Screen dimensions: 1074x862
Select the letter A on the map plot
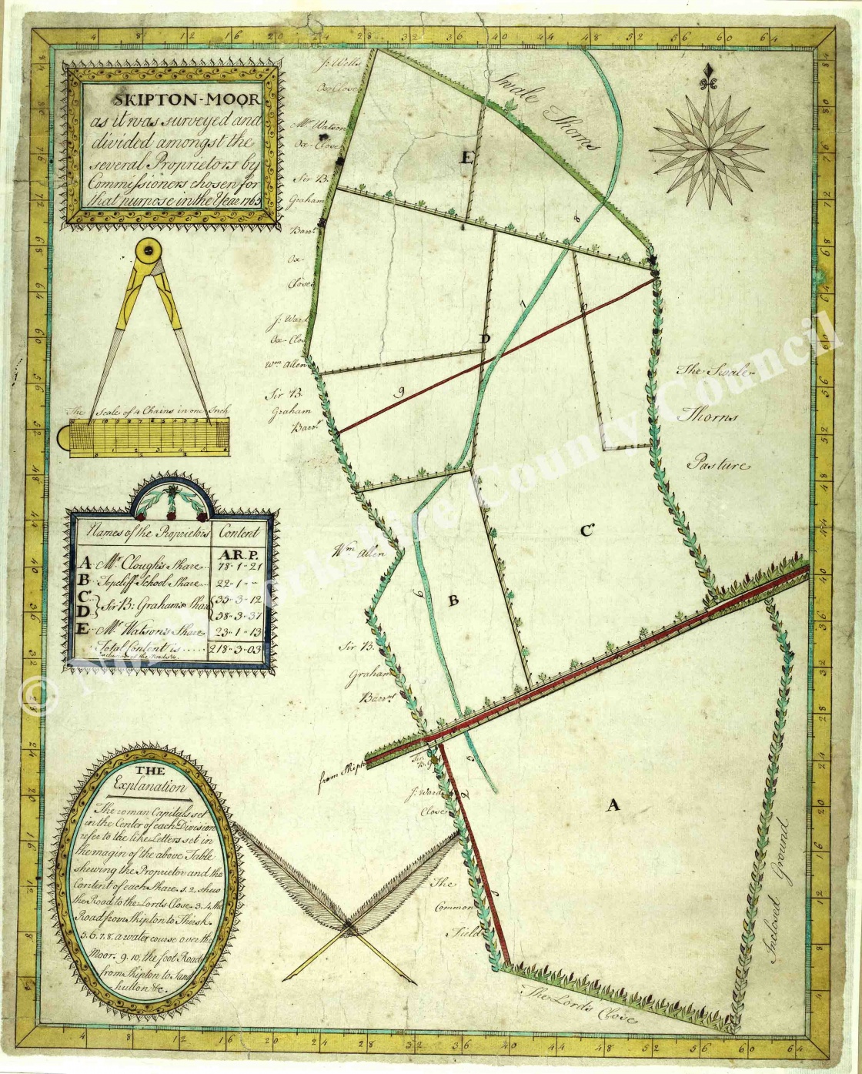(613, 805)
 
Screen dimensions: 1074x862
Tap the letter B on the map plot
(453, 601)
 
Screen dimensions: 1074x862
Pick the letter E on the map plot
(464, 159)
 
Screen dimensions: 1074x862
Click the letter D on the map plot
(484, 339)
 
